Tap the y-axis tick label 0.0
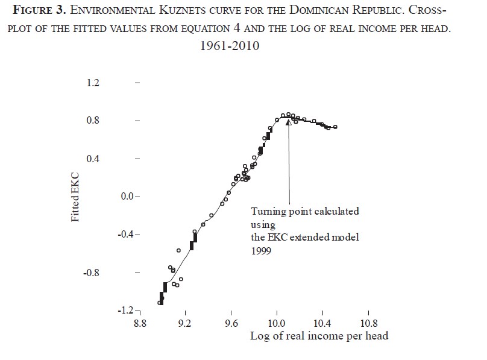[x=128, y=197]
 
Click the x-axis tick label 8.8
[x=139, y=324]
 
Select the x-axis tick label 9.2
[x=185, y=324]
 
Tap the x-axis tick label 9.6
[x=231, y=324]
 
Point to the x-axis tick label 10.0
[x=277, y=324]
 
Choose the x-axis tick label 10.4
[x=322, y=324]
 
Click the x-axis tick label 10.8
[x=368, y=324]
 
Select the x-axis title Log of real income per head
[x=319, y=336]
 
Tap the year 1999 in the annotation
[x=261, y=250]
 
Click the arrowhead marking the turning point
[x=289, y=122]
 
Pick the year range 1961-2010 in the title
[x=230, y=46]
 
